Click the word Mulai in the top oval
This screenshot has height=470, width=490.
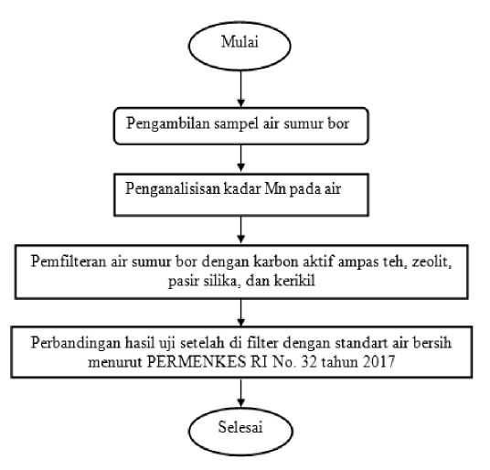tap(240, 42)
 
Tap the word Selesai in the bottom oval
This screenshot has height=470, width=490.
tap(240, 427)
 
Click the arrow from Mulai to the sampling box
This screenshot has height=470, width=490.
tap(240, 89)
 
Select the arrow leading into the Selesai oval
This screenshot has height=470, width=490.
tap(240, 393)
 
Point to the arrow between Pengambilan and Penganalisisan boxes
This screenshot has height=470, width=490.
tap(240, 158)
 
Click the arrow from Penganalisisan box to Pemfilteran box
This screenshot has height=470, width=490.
tap(240, 230)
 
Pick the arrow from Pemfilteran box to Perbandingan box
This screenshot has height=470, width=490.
tap(240, 313)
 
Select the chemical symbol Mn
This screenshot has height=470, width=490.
tap(276, 188)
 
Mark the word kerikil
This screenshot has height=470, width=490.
tap(294, 281)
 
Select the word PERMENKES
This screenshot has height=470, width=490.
tap(197, 362)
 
